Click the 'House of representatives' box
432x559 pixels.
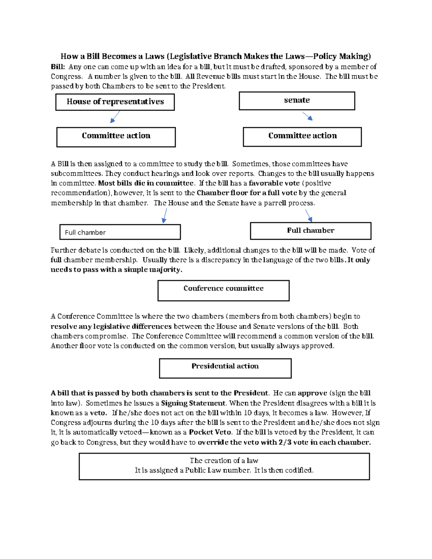pos(115,102)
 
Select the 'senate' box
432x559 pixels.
pos(297,100)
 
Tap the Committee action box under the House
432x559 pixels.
pos(116,137)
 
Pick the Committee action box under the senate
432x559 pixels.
pos(302,137)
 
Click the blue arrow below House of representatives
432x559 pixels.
pos(115,117)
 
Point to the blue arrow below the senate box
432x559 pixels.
pos(307,116)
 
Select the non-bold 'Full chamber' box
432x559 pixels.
pos(120,232)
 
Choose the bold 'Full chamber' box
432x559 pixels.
pos(310,231)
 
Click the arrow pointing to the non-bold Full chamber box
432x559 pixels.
pos(165,216)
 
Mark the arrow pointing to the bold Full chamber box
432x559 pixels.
pos(309,215)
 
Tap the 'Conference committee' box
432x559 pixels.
pos(223,290)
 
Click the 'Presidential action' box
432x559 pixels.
pos(225,368)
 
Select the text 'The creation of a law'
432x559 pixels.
pos(224,460)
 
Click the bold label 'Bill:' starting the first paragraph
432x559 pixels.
pos(58,67)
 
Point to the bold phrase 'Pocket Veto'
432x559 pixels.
pos(210,432)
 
